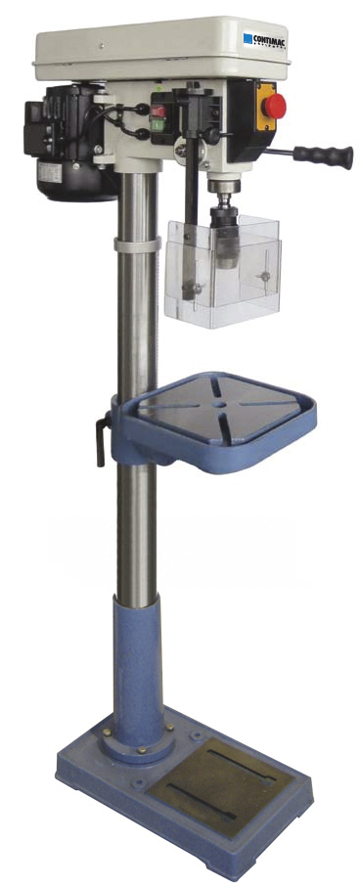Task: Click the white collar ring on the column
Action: point(136,243)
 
